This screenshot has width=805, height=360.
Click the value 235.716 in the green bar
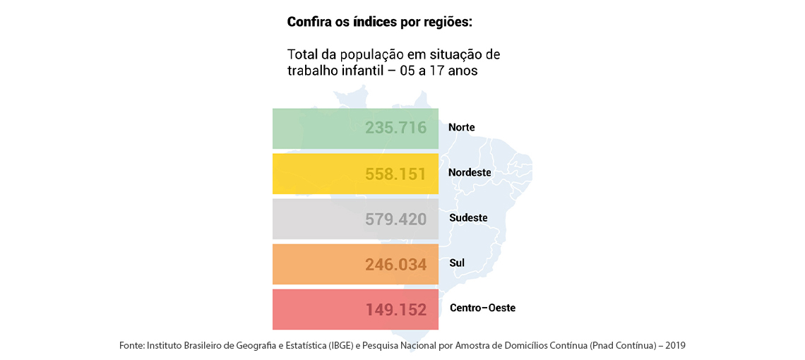point(395,128)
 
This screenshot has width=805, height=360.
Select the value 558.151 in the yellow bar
point(395,173)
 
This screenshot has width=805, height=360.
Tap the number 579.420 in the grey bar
point(395,219)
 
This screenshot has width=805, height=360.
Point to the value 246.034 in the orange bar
point(395,264)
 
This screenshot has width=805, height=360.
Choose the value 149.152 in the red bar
point(395,309)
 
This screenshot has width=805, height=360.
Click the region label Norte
point(461,128)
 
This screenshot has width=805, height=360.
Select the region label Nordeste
point(469,173)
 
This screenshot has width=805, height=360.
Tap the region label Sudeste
point(468,218)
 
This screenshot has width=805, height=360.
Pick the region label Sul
point(457,263)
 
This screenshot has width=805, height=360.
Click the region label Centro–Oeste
point(482,308)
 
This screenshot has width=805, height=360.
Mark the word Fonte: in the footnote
point(132,346)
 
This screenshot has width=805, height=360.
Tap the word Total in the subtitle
point(302,55)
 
